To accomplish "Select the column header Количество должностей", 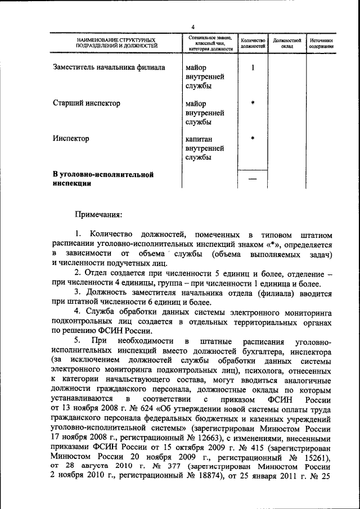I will tap(253, 44).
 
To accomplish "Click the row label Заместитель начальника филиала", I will tap(109, 67).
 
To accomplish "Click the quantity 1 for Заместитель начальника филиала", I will tap(253, 68).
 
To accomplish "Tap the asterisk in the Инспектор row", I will tap(253, 139).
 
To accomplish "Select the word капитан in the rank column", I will tap(200, 139).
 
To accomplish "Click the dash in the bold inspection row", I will tap(253, 179).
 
